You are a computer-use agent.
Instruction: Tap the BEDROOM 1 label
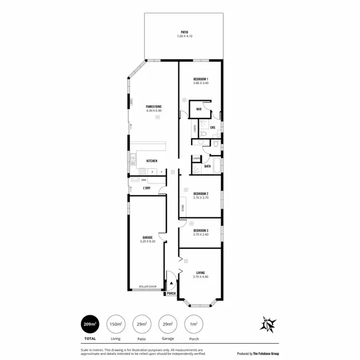coord(201,78)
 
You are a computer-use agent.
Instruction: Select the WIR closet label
coord(199,109)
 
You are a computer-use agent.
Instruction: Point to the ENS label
coord(212,128)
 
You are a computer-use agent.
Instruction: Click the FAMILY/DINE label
coord(154,107)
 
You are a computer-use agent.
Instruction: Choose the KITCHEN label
coord(152,161)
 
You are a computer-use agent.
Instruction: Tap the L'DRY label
coord(147,188)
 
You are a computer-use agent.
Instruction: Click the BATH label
coord(207,166)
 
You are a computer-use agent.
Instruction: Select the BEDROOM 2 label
coord(201,194)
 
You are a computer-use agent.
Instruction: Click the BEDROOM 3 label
coord(201,230)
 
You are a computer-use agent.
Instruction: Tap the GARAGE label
coord(147,238)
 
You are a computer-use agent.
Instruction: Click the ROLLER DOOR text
coord(148,287)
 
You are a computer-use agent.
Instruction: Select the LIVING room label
coord(200,273)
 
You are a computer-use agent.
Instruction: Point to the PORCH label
coord(171,293)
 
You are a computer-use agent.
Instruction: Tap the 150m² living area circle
coord(116,324)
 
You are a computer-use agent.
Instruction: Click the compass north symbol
coord(268,324)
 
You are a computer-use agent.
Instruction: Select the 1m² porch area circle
coord(193,324)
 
